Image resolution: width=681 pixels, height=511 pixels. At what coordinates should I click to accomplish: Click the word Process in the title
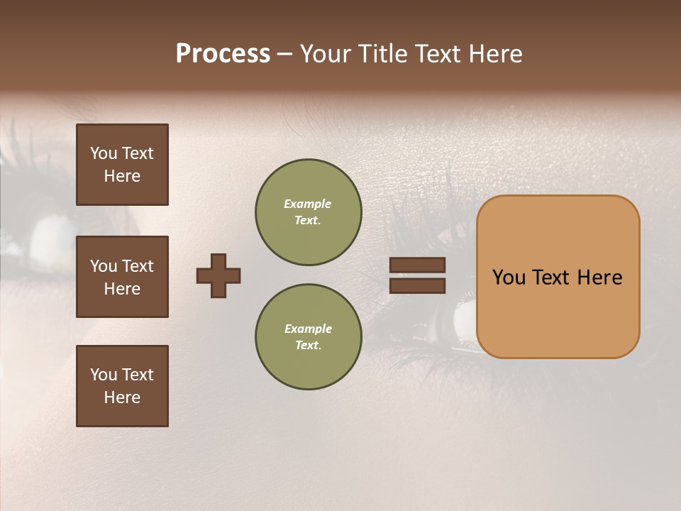[x=223, y=54]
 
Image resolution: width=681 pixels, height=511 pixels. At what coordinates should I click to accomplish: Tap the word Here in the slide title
[x=494, y=54]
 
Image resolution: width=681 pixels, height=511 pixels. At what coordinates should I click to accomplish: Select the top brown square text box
[x=122, y=165]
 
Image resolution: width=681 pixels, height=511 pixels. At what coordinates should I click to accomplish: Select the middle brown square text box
[x=122, y=277]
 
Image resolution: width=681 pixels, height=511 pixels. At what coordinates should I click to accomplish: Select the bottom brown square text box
[x=122, y=386]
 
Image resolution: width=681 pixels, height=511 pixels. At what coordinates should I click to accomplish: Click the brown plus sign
[x=218, y=275]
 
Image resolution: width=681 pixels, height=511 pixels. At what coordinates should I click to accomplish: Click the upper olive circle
[x=309, y=212]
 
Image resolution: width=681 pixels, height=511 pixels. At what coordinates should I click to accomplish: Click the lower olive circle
[x=309, y=337]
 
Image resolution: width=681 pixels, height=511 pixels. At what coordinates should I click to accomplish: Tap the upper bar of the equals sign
[x=417, y=265]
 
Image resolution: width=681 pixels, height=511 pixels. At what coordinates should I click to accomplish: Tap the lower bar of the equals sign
[x=417, y=285]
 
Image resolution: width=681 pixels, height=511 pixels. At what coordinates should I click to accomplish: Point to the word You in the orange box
[x=509, y=278]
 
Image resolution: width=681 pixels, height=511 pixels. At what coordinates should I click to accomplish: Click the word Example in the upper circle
[x=308, y=204]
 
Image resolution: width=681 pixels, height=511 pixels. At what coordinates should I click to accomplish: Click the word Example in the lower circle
[x=308, y=329]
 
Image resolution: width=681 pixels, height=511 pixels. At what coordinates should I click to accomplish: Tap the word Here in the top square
[x=122, y=176]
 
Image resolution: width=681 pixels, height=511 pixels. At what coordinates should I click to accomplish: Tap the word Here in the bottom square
[x=122, y=397]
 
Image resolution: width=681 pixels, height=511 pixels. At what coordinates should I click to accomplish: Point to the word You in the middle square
[x=103, y=266]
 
